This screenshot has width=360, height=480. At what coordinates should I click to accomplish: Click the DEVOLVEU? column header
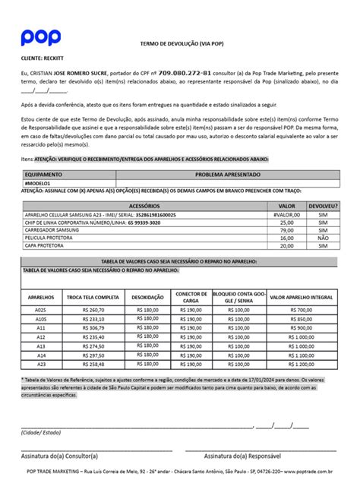[323, 206]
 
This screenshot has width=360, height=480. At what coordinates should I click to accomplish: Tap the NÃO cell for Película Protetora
[323, 238]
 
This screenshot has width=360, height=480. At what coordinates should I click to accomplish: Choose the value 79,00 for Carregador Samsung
[287, 230]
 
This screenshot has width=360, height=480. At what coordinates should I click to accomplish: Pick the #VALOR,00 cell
[286, 215]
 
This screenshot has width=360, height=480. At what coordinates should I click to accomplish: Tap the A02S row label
[41, 310]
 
